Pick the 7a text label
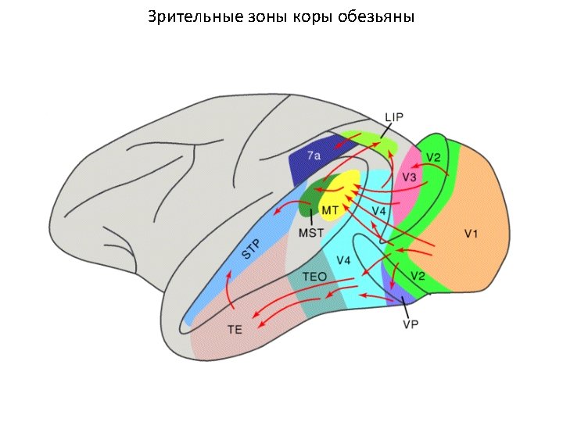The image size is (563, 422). point(314,156)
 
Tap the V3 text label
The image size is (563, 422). point(410,178)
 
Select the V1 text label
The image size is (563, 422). point(472,233)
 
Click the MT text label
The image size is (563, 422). point(330,210)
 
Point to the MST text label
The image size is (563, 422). point(310,232)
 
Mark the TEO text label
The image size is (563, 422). point(314,277)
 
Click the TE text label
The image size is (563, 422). point(235,330)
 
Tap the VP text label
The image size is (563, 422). point(410,324)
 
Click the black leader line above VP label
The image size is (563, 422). point(404,306)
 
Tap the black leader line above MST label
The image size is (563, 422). point(311,216)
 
